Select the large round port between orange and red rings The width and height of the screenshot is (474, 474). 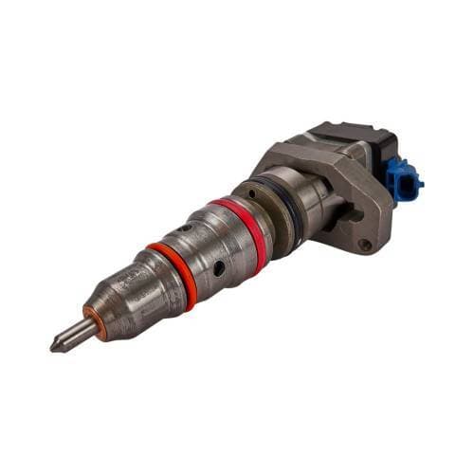[x=219, y=269]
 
